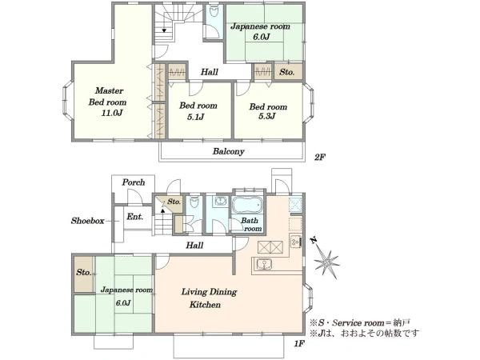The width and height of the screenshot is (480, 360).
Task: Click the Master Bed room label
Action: [108, 97]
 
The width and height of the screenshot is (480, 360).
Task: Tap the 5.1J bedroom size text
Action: [196, 117]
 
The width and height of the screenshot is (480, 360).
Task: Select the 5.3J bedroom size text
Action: [267, 116]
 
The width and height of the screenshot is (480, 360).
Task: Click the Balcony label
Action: [228, 151]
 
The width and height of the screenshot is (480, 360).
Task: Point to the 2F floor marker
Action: [320, 158]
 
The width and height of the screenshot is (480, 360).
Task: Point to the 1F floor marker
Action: [299, 344]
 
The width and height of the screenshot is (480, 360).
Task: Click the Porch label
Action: [134, 182]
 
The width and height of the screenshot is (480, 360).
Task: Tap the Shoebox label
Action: [88, 221]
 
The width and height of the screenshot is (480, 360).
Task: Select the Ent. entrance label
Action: [135, 217]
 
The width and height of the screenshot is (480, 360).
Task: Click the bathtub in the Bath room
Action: [248, 204]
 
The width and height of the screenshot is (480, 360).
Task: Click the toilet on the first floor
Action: [194, 202]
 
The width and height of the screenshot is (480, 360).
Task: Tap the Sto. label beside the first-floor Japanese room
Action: [83, 272]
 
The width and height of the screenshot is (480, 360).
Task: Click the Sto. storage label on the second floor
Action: [287, 72]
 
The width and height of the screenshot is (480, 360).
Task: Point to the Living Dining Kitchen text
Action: [209, 298]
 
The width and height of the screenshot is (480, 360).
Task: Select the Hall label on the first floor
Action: [194, 246]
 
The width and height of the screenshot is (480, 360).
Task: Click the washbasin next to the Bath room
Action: [220, 201]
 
